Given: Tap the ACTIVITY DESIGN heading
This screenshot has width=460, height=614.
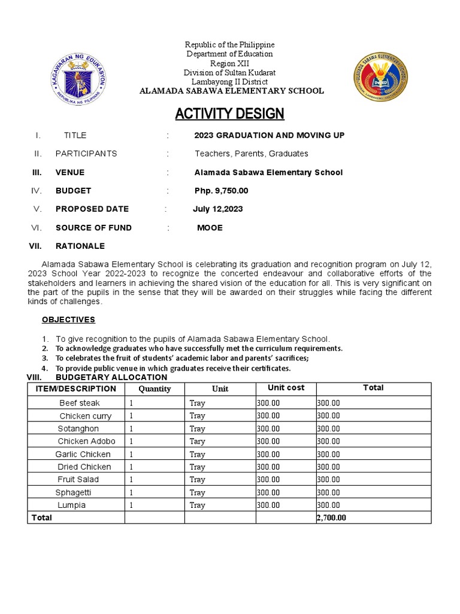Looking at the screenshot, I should tap(229, 114).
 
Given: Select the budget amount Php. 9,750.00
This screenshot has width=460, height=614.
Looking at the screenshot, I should tap(221, 191).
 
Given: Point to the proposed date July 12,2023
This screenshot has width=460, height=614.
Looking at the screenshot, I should tap(217, 209).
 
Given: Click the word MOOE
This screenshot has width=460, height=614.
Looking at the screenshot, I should tap(210, 228).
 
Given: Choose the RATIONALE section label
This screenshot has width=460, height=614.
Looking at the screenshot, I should tap(80, 246).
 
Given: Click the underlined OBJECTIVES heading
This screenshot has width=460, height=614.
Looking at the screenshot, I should tap(68, 320).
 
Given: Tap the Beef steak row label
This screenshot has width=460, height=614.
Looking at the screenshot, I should tap(80, 403).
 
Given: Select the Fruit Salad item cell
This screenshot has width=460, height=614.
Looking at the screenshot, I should tap(78, 479).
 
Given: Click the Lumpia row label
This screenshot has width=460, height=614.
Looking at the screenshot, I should tap(72, 505).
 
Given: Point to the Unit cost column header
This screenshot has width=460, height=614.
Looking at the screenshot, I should tap(286, 388).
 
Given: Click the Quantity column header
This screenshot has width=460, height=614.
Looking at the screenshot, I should tap(155, 389).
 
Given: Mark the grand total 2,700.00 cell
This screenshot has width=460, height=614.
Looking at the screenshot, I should tap(331, 517).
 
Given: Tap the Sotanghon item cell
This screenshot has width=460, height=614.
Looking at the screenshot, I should tap(78, 429).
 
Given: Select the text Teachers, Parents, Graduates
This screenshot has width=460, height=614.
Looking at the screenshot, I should tap(251, 153).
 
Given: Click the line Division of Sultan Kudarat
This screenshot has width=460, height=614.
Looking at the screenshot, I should tap(229, 73).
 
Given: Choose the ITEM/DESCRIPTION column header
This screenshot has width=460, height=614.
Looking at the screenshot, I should tap(75, 389).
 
